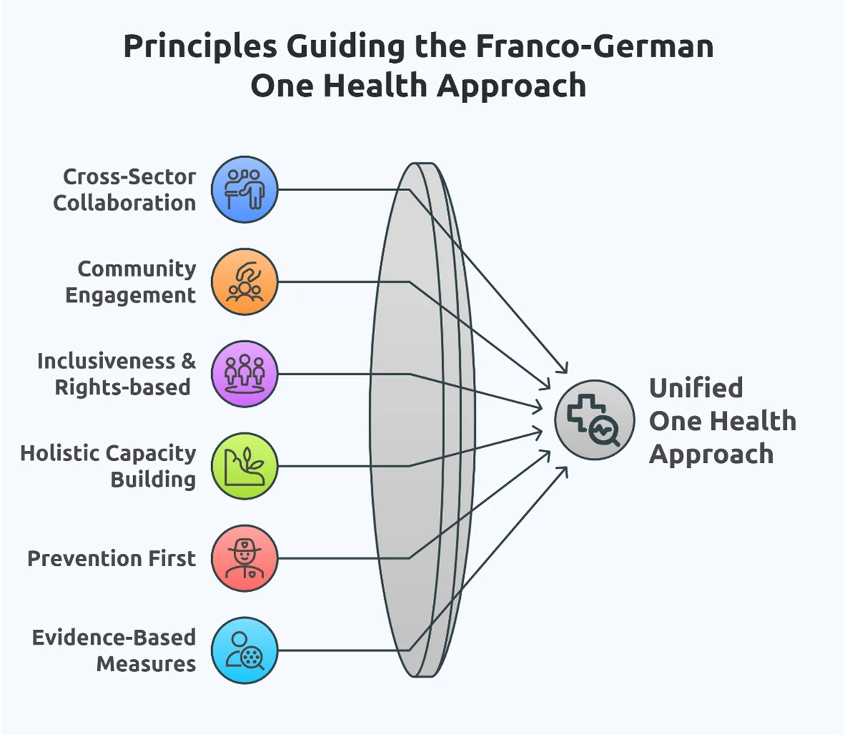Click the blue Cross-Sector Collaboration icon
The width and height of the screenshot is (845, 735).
[x=245, y=190]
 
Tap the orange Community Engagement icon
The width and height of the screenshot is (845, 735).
[x=245, y=282]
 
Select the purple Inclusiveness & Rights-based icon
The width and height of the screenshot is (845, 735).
[x=245, y=374]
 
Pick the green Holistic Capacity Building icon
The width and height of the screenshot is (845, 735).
[x=245, y=466]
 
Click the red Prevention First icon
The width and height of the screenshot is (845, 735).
[x=245, y=558]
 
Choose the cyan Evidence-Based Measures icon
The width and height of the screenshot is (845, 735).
[x=245, y=650]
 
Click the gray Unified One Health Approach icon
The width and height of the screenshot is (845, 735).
[x=594, y=419]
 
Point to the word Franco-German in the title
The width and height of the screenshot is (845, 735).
[x=595, y=47]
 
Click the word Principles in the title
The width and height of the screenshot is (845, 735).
[x=200, y=47]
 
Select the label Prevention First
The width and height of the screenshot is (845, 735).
[x=111, y=558]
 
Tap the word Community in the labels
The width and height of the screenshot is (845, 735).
[x=136, y=269]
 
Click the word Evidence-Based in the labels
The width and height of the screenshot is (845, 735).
[x=114, y=637]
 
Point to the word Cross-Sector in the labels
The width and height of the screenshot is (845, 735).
[x=129, y=177]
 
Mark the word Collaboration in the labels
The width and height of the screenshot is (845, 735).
[x=124, y=203]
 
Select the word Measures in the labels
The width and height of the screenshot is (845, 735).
[x=146, y=663]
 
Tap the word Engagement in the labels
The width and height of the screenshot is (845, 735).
[x=130, y=296]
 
